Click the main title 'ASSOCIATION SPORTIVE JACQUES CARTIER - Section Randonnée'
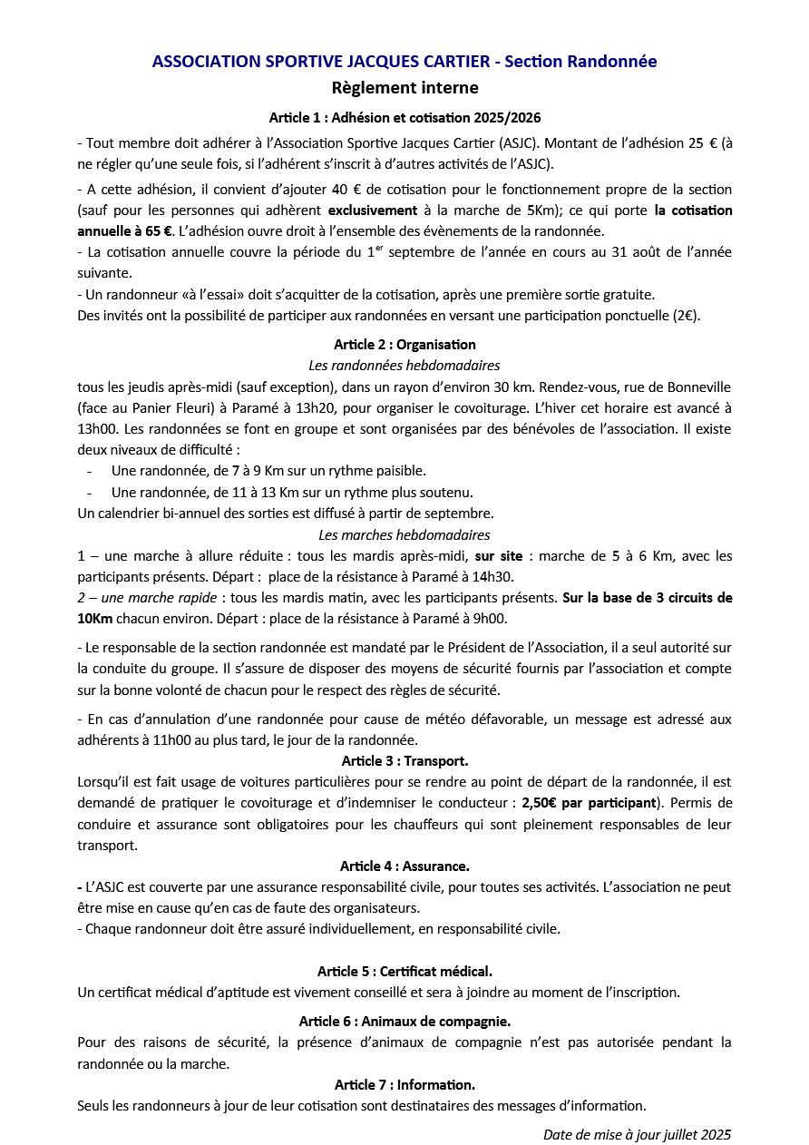point(404,62)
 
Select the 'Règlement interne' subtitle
point(404,88)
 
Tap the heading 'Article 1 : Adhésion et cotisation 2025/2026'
point(404,118)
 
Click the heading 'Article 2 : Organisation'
point(404,345)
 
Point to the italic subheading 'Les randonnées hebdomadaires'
point(404,366)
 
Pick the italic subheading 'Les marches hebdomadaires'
point(404,535)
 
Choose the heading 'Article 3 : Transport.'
point(404,760)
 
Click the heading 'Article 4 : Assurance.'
point(404,866)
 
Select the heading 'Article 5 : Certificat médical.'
point(404,972)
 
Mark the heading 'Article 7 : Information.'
point(404,1085)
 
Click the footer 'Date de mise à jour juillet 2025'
point(637,1134)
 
